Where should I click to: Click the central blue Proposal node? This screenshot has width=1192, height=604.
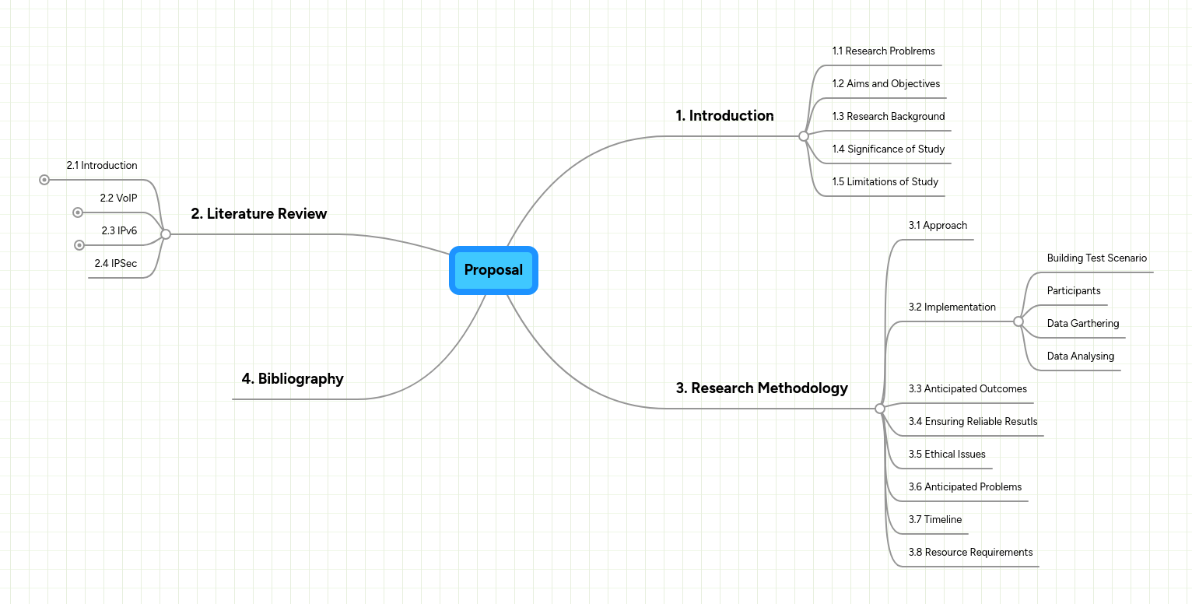pyautogui.click(x=493, y=270)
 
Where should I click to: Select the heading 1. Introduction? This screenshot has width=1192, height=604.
pyautogui.click(x=724, y=116)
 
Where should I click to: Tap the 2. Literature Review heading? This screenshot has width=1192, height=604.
pyautogui.click(x=259, y=214)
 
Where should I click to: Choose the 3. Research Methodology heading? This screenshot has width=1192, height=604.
pyautogui.click(x=762, y=388)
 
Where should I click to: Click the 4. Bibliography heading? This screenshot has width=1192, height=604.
pyautogui.click(x=293, y=379)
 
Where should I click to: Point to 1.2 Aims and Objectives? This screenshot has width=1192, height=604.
pyautogui.click(x=885, y=84)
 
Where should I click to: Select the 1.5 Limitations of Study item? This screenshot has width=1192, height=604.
pyautogui.click(x=885, y=182)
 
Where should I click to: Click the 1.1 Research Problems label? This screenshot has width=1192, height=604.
pyautogui.click(x=883, y=51)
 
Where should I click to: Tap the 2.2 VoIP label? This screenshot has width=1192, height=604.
pyautogui.click(x=118, y=198)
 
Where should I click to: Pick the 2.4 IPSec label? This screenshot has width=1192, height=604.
pyautogui.click(x=116, y=264)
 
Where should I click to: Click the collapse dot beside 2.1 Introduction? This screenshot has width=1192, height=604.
pyautogui.click(x=44, y=180)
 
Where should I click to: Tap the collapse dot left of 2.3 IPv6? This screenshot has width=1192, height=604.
pyautogui.click(x=79, y=245)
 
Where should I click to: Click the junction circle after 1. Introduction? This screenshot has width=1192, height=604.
pyautogui.click(x=804, y=136)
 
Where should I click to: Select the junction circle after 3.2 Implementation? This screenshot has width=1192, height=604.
pyautogui.click(x=1018, y=321)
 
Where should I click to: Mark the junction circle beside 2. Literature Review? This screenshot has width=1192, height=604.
pyautogui.click(x=166, y=234)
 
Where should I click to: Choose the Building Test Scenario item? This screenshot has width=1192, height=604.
pyautogui.click(x=1096, y=258)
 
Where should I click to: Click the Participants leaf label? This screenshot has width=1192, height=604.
pyautogui.click(x=1074, y=291)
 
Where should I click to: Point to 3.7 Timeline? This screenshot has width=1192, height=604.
pyautogui.click(x=934, y=520)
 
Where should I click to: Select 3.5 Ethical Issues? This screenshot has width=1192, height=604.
pyautogui.click(x=947, y=455)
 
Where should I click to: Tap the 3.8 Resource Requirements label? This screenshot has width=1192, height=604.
pyautogui.click(x=970, y=553)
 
